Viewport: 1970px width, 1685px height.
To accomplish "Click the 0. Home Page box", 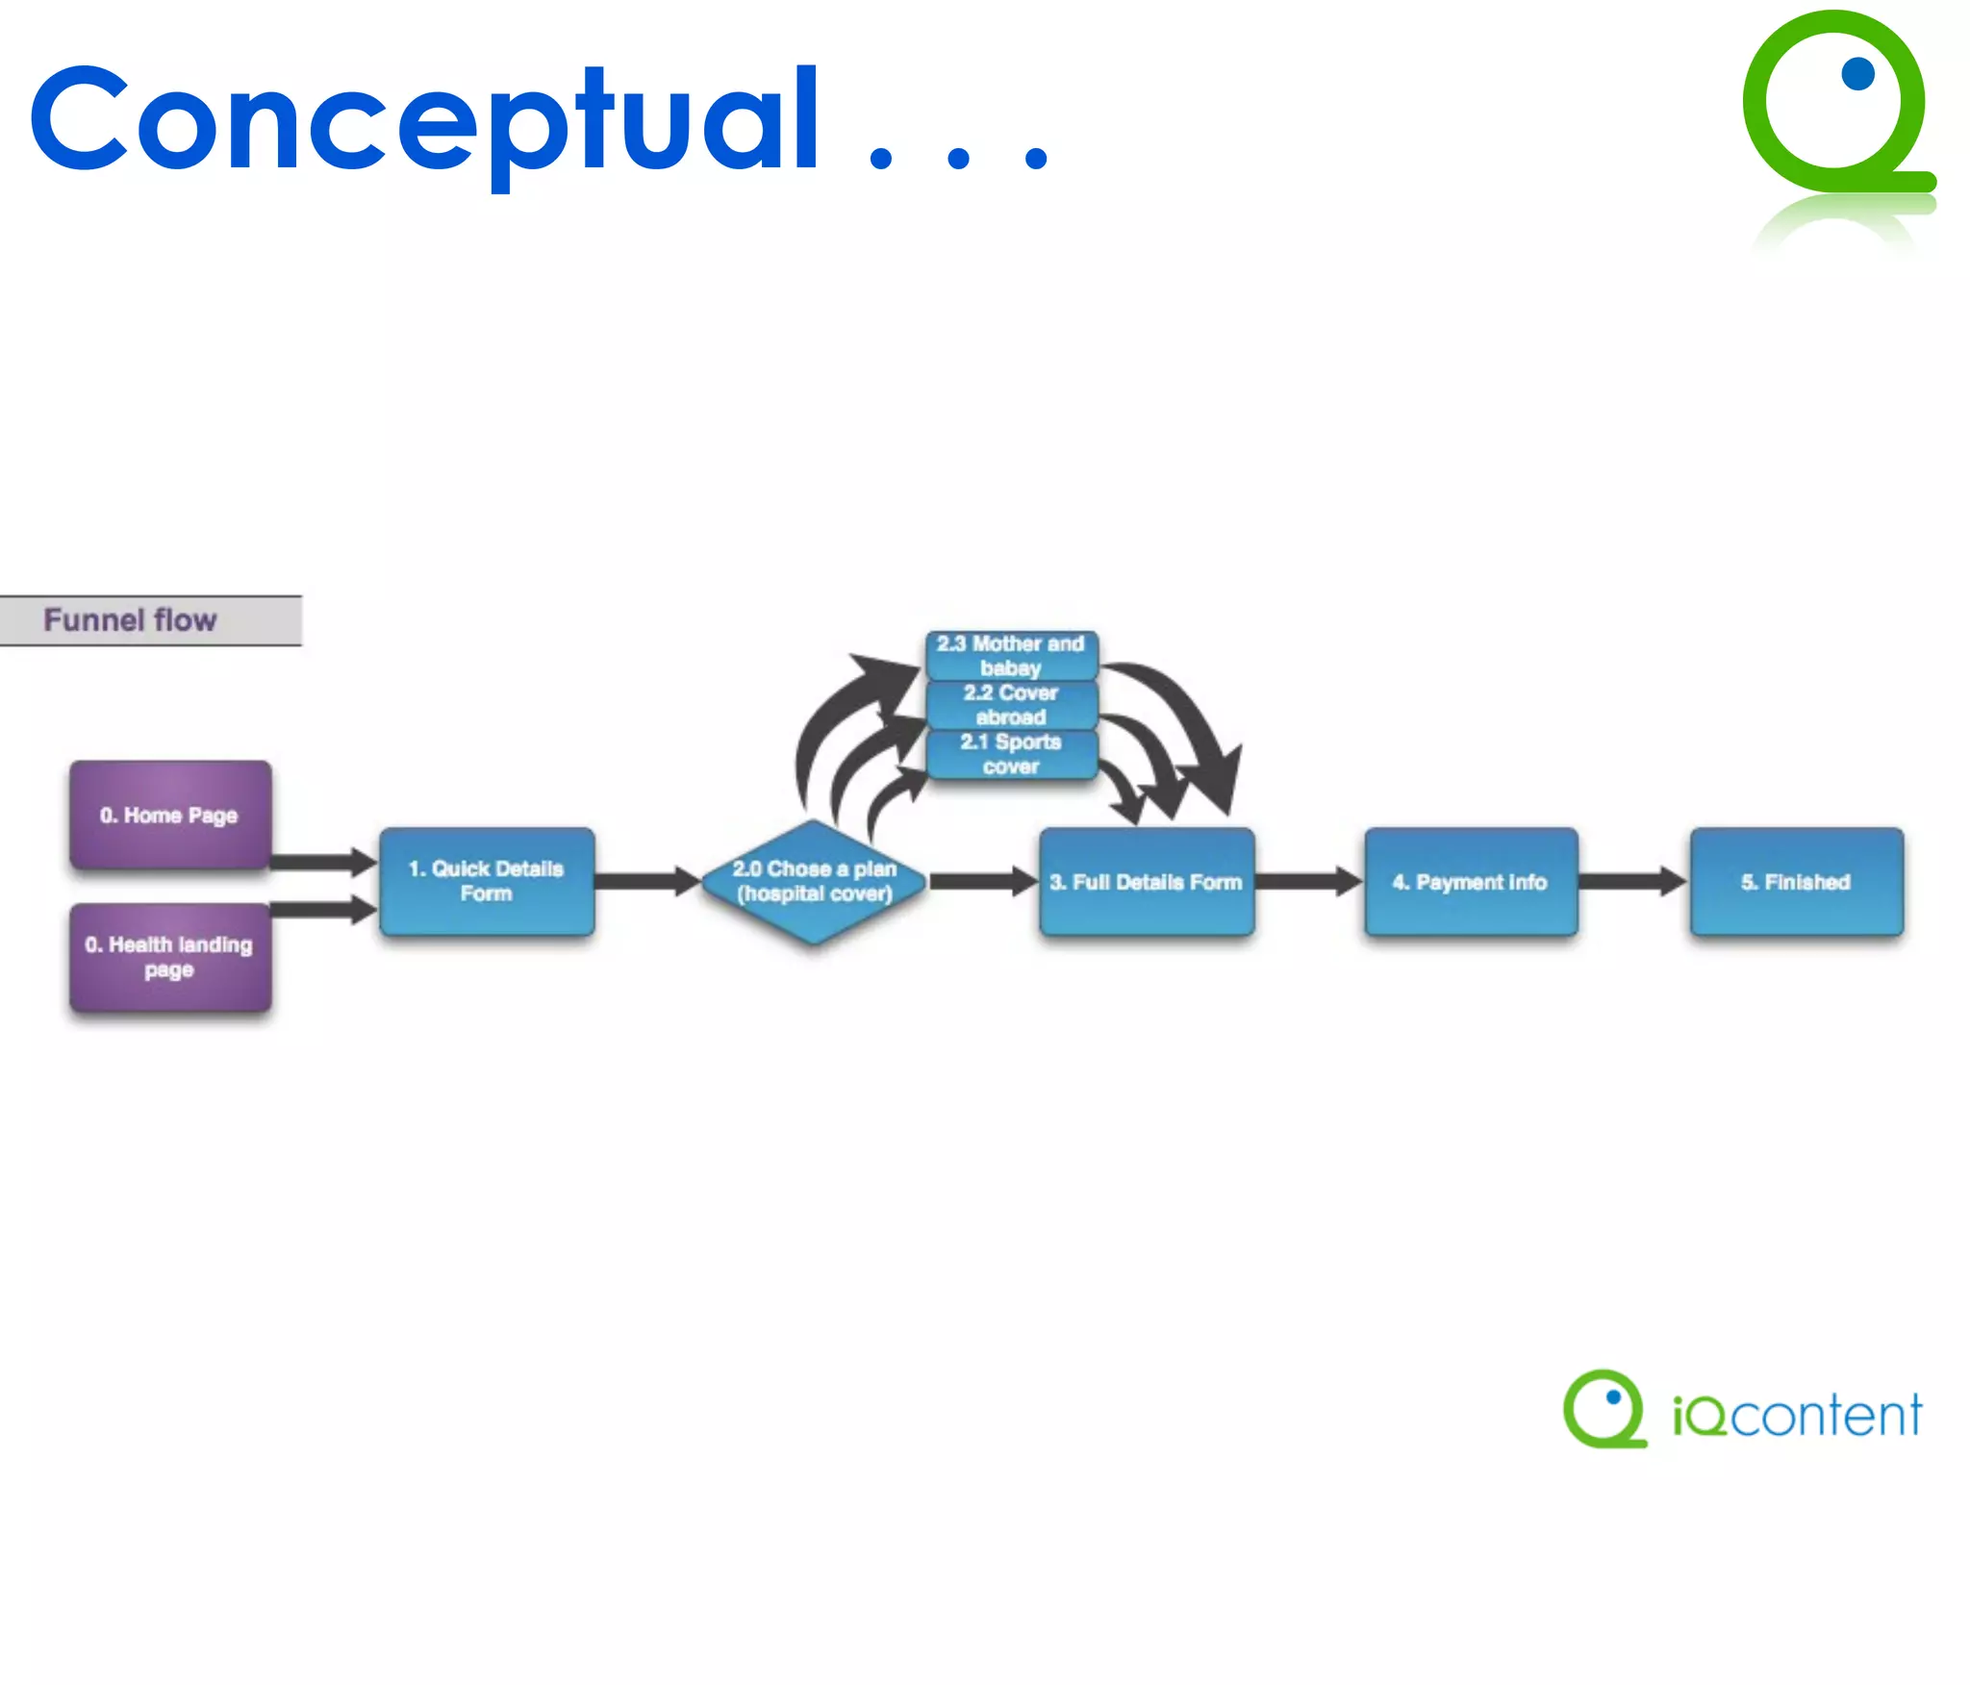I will click(x=169, y=815).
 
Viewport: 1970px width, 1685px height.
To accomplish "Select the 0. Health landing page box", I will click(x=169, y=957).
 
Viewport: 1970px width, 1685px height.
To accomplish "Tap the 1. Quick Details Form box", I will click(x=487, y=881).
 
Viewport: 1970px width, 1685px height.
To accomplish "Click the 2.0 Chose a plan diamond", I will click(x=814, y=881).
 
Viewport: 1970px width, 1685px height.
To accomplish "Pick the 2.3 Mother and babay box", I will click(x=1011, y=655).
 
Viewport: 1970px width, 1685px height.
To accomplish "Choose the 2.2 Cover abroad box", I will click(x=1011, y=705).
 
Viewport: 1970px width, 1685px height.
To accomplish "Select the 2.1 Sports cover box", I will click(x=1011, y=754).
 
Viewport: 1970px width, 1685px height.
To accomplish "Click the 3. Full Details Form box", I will click(x=1147, y=881).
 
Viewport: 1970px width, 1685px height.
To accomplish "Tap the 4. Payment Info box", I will click(x=1471, y=881).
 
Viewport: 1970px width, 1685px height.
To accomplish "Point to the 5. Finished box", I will click(x=1796, y=881).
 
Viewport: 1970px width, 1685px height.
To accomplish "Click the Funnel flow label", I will click(x=131, y=620).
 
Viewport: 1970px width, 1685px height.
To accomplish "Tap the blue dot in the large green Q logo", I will click(x=1857, y=74).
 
